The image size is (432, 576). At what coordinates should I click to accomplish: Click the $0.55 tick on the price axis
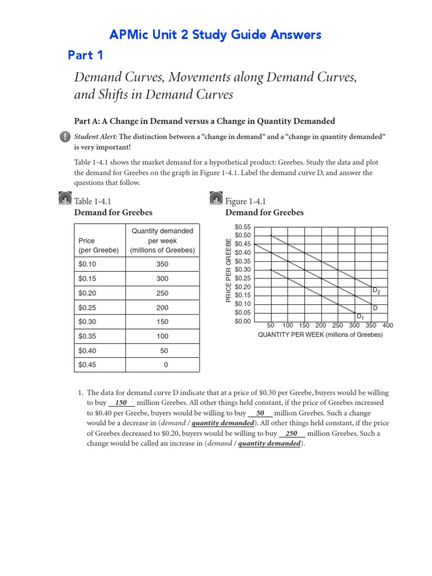(243, 227)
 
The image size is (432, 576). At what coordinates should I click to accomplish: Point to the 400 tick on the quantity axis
(388, 326)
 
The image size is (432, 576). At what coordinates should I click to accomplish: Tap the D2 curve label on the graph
(376, 291)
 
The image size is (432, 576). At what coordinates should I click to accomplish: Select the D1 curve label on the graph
(360, 317)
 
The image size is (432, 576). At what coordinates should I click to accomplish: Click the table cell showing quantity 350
(163, 264)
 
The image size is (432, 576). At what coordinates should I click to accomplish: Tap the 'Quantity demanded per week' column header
(162, 240)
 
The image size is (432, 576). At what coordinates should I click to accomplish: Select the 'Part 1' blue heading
(85, 55)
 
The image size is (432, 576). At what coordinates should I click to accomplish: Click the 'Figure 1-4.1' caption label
(245, 201)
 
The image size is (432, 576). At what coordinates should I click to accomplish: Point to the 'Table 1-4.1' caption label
(93, 201)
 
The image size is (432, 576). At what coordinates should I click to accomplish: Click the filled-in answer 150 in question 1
(121, 403)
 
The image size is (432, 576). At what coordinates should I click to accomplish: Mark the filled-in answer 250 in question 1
(291, 434)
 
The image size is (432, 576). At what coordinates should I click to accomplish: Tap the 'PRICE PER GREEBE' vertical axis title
(228, 271)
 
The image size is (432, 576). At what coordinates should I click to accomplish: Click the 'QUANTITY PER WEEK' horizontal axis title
(320, 335)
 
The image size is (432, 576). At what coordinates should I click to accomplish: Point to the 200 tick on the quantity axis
(321, 326)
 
